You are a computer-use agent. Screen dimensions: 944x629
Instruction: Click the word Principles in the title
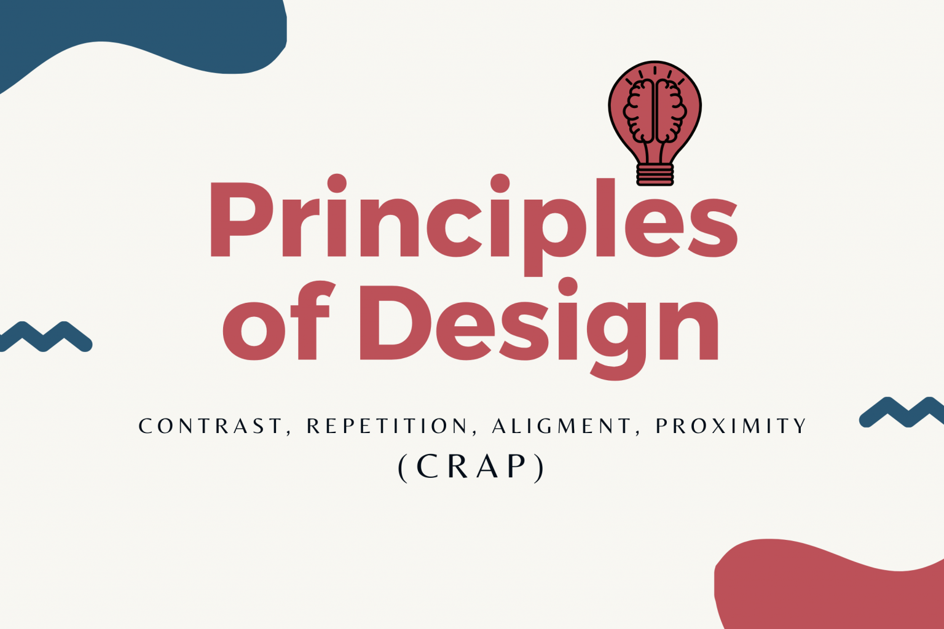coord(474,225)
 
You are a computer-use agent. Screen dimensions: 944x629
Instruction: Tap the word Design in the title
coord(539,329)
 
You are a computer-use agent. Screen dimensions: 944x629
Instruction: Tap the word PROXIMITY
coord(731,426)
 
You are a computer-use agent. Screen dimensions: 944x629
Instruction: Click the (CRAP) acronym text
coord(471,467)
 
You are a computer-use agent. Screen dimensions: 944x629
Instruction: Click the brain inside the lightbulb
coord(655,111)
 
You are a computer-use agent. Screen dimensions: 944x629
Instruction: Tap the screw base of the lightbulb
coord(655,175)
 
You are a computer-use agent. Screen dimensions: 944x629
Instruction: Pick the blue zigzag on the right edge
coord(902,412)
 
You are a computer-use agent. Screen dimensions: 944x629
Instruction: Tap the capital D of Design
coord(396,322)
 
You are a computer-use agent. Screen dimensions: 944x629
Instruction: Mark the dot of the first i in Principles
coord(337,183)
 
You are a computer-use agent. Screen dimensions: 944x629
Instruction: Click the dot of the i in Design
coord(568,287)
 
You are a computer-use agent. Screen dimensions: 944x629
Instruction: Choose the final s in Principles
coord(713,227)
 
